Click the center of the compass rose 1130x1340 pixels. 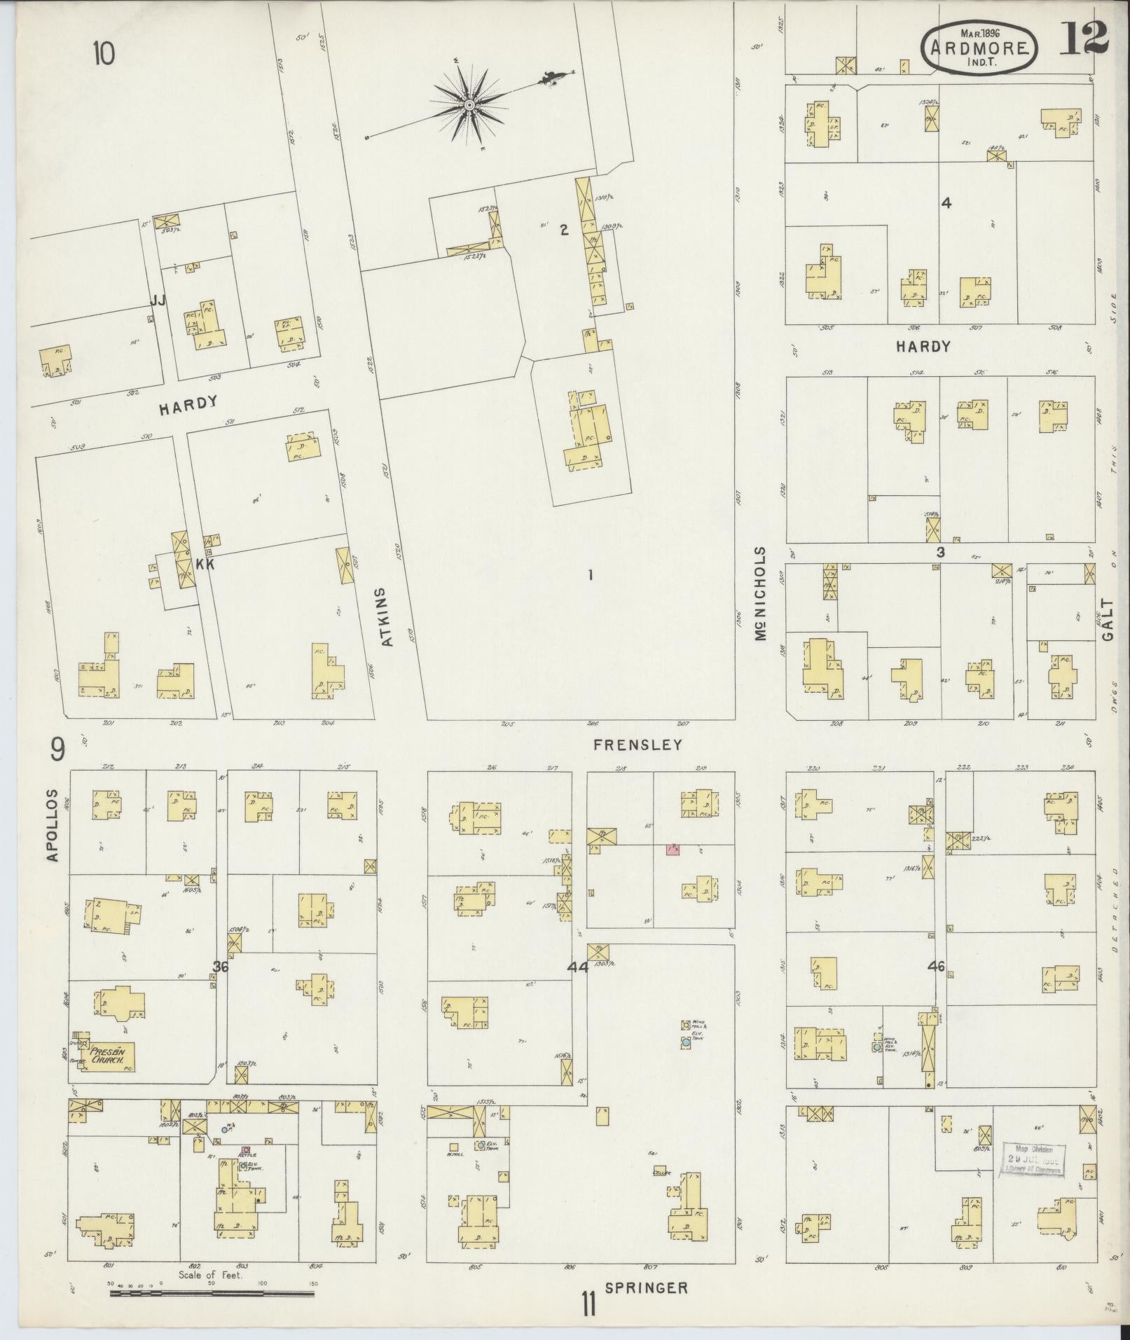coord(470,105)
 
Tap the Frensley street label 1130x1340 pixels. coord(637,745)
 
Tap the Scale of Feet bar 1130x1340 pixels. coord(211,1293)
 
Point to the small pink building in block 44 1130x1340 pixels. coord(673,850)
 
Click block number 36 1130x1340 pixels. coord(221,967)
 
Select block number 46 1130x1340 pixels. coord(936,967)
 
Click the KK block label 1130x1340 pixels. coord(205,564)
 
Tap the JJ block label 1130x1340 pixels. coord(158,301)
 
